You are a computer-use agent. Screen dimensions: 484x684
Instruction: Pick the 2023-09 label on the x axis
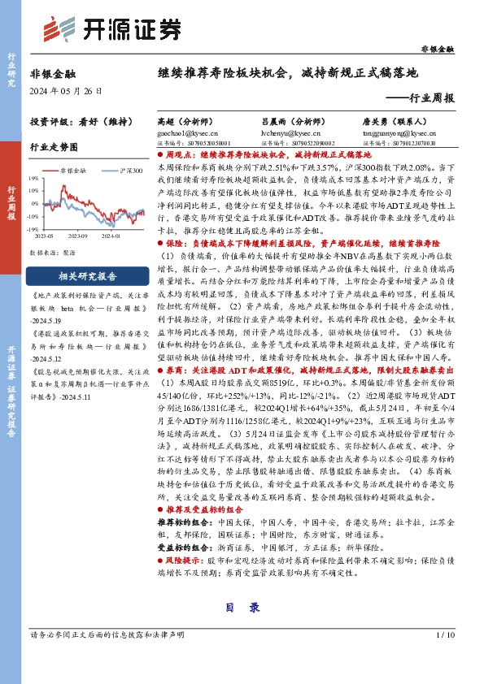pos(80,236)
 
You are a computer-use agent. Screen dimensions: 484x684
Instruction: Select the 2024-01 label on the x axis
pos(111,236)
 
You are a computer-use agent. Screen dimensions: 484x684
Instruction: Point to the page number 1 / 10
pos(444,634)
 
